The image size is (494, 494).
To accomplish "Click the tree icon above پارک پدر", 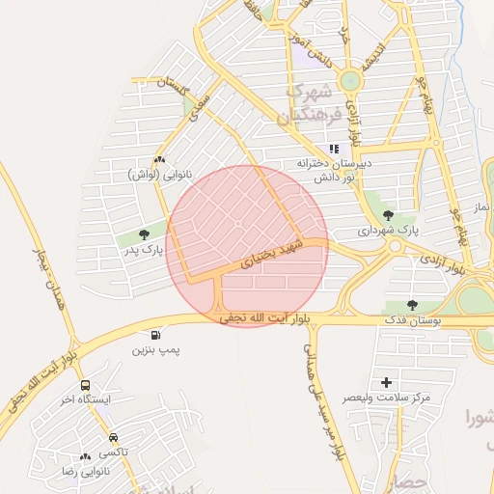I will point(144,234).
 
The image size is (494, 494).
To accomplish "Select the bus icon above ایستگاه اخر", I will point(86,385).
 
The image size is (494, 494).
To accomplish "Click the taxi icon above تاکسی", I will point(114,436).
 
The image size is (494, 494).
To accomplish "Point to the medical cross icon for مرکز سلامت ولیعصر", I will point(387,383).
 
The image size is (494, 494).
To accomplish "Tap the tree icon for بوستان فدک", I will point(413,305).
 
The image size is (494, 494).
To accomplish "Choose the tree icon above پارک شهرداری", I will point(389,215).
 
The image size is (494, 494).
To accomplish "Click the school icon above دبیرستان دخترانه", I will point(334,149).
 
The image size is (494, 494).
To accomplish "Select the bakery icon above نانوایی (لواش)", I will point(159,160).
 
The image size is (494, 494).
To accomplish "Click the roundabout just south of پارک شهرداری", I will point(394,246).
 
